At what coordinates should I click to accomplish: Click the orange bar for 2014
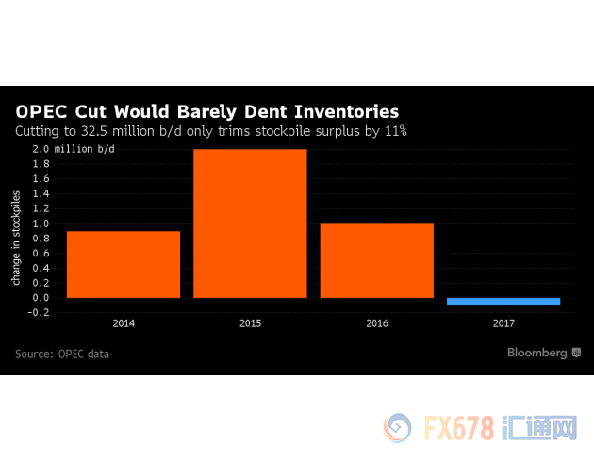[124, 264]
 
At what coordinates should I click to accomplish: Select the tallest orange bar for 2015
[250, 223]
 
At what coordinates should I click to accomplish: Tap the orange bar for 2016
[376, 260]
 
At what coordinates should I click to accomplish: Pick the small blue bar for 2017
[503, 302]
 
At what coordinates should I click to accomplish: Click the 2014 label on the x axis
[124, 323]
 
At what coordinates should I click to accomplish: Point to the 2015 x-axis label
[250, 323]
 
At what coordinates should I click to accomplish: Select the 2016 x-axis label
[376, 323]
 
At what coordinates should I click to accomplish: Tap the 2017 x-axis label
[503, 323]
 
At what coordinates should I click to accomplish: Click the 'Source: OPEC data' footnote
[62, 354]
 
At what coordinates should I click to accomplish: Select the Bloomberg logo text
[537, 353]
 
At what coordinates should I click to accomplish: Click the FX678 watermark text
[460, 429]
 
